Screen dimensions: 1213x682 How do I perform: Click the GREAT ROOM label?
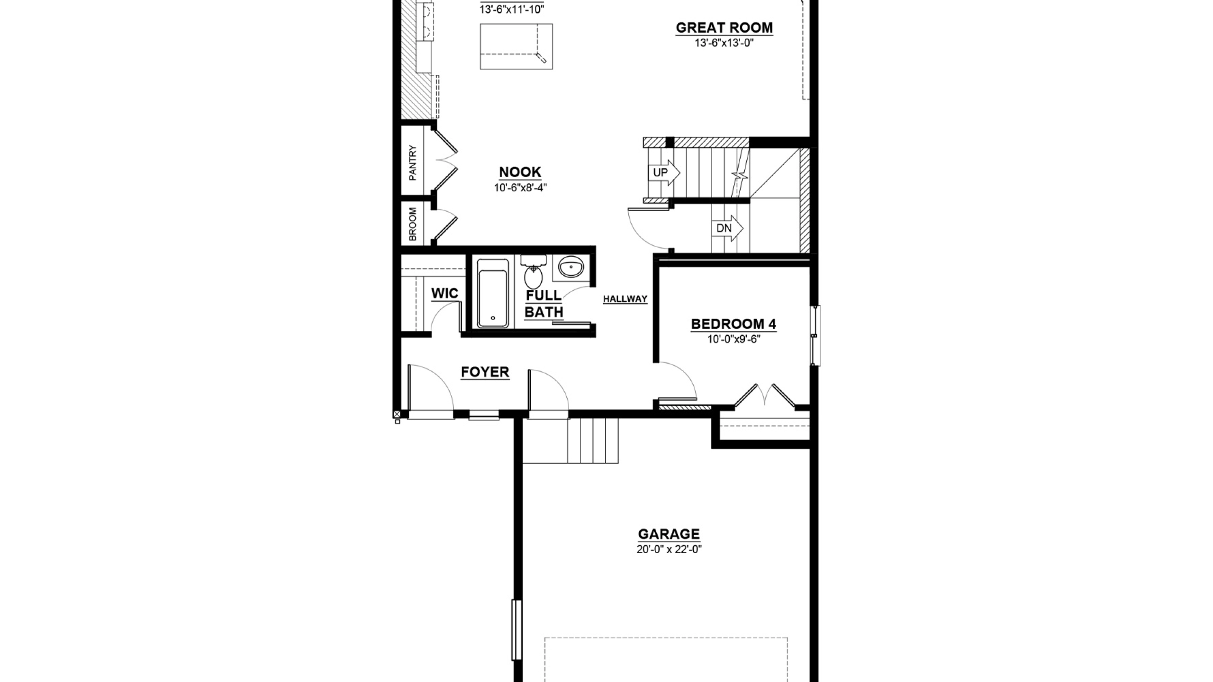pyautogui.click(x=724, y=28)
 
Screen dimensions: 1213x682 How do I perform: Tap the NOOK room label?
pyautogui.click(x=520, y=172)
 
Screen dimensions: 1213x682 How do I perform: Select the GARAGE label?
pyautogui.click(x=669, y=534)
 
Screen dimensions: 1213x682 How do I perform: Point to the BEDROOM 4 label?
pyautogui.click(x=733, y=324)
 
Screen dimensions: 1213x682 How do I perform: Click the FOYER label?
pyautogui.click(x=485, y=372)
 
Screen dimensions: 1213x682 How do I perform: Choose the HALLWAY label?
pyautogui.click(x=625, y=299)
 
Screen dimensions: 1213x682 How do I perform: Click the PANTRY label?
pyautogui.click(x=413, y=163)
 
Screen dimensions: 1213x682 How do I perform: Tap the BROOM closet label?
pyautogui.click(x=413, y=224)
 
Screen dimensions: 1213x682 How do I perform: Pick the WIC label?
pyautogui.click(x=445, y=294)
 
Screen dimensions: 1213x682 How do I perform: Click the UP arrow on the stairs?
pyautogui.click(x=664, y=172)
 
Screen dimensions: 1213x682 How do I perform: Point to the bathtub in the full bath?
pyautogui.click(x=493, y=293)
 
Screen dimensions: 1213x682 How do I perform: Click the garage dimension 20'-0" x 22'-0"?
pyautogui.click(x=669, y=550)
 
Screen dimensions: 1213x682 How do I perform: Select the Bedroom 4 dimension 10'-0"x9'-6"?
pyautogui.click(x=734, y=339)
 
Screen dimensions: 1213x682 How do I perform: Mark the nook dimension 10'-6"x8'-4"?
pyautogui.click(x=520, y=188)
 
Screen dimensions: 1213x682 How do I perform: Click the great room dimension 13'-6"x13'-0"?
pyautogui.click(x=724, y=43)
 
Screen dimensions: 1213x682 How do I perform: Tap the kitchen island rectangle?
pyautogui.click(x=516, y=46)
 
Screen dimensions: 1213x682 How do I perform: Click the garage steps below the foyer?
pyautogui.click(x=570, y=441)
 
